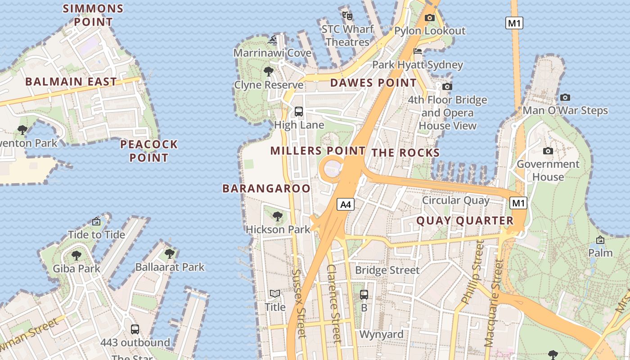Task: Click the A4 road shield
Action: (345, 205)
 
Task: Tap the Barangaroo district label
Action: (266, 189)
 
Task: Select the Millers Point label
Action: (318, 151)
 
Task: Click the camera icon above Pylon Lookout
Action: (430, 18)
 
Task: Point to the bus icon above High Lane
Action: (298, 112)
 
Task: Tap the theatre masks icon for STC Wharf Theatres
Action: (347, 15)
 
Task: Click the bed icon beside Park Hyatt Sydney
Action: (418, 51)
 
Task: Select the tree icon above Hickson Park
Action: (278, 216)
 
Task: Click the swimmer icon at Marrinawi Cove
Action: (272, 40)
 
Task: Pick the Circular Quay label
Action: (455, 200)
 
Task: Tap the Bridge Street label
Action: (387, 270)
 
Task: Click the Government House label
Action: (548, 171)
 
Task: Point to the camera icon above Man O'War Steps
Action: (565, 97)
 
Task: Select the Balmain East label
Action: (71, 82)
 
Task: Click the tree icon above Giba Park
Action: (76, 256)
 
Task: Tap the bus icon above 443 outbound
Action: (135, 329)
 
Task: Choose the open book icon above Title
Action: (275, 294)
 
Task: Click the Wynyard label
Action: (381, 334)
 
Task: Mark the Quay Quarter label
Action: (465, 220)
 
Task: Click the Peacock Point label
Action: (149, 151)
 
